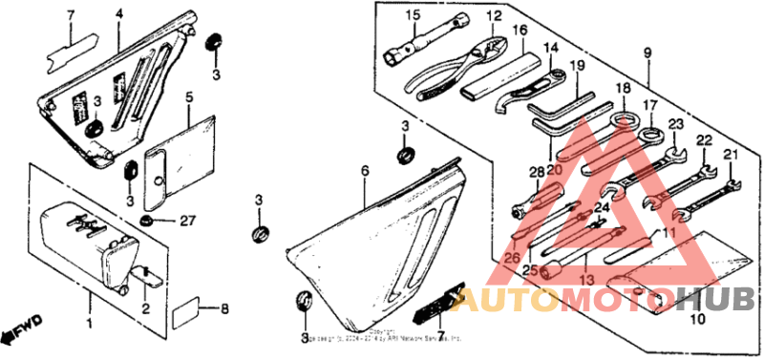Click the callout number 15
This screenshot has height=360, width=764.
click(x=412, y=14)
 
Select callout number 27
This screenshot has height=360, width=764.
click(x=187, y=221)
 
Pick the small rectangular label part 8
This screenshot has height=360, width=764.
click(x=185, y=310)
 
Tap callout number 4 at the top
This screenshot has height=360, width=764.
click(x=119, y=13)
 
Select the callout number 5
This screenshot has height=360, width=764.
click(x=189, y=96)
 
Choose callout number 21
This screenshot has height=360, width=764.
click(x=732, y=155)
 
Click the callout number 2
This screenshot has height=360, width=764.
click(x=146, y=308)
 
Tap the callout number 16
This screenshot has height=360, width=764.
click(x=520, y=30)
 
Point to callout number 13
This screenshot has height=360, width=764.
click(x=585, y=279)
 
